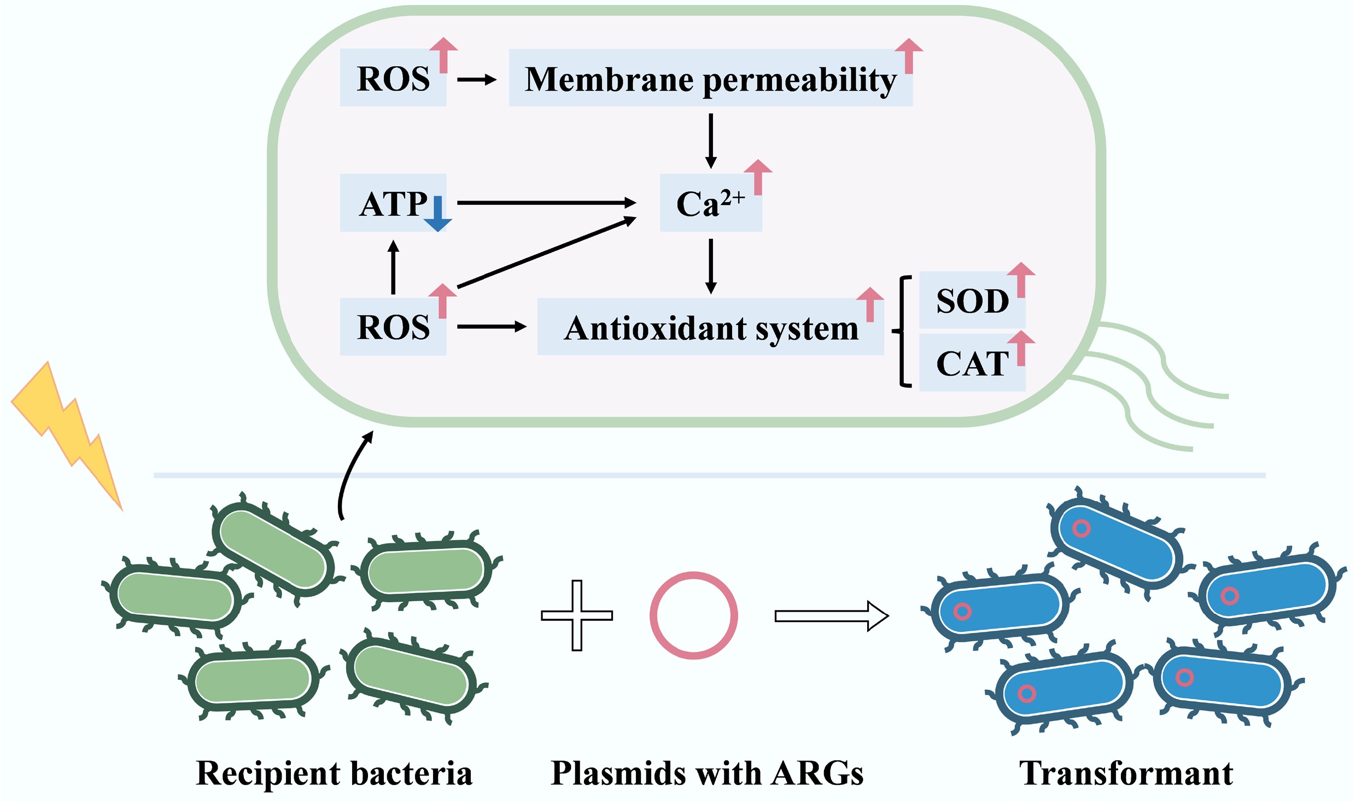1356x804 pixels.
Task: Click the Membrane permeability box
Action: (x=710, y=78)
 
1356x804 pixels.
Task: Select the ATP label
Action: (x=393, y=204)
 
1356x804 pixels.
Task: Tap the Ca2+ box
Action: (x=710, y=203)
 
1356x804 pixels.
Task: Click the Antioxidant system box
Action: (x=710, y=327)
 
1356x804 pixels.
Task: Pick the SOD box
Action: (x=972, y=301)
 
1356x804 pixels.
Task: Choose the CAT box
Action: (x=972, y=363)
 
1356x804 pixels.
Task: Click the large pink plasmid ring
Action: (x=693, y=615)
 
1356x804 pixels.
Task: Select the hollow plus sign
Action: (x=577, y=615)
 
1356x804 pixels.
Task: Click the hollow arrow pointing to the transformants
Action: (x=831, y=616)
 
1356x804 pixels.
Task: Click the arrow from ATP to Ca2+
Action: (x=546, y=203)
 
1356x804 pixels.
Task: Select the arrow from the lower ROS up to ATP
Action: (x=393, y=267)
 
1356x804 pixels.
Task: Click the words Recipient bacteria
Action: (x=334, y=773)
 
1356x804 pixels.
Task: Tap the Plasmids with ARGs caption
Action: (x=707, y=773)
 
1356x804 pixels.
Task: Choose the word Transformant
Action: (x=1126, y=773)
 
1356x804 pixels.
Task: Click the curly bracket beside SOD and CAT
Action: (x=902, y=331)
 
